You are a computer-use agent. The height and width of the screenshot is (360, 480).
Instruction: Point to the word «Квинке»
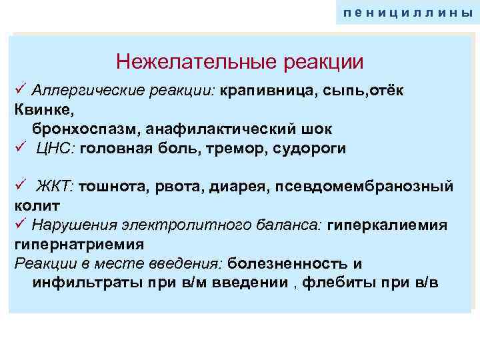coord(39,109)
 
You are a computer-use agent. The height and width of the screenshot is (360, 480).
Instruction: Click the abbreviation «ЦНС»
coord(55,148)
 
